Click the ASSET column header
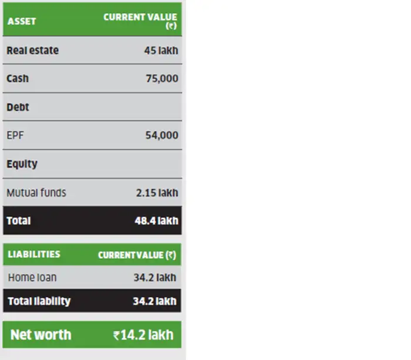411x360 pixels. pos(22,21)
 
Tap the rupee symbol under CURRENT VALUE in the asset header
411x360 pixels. pos(171,26)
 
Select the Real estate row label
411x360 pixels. pos(33,51)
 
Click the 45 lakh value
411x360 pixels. pos(161,51)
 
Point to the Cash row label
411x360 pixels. pos(18,79)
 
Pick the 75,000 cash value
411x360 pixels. pos(162,79)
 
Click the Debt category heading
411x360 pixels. pos(18,107)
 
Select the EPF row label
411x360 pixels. pos(15,136)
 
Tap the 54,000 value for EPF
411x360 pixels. pos(162,136)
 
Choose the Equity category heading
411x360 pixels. pos(22,164)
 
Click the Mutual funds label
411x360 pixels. pos(36,193)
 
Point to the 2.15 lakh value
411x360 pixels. pos(157,193)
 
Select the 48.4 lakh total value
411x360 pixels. pos(156,221)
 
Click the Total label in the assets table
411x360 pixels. pos(19,221)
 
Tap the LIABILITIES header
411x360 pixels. pos(34,254)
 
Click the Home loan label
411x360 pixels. pos(32,277)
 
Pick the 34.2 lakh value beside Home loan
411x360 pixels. pos(154,277)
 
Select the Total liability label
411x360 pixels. pos(39,301)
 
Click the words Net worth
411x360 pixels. pos(41,335)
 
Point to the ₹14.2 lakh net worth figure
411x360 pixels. pos(144,335)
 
